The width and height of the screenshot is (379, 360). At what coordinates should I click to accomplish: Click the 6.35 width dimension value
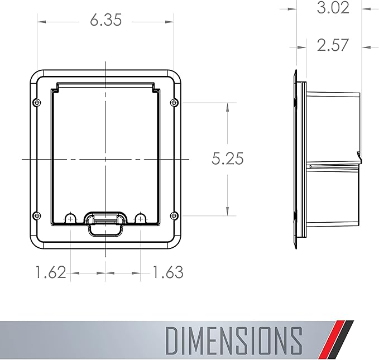pos(105,21)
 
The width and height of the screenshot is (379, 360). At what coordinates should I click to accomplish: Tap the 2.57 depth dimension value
pos(332,45)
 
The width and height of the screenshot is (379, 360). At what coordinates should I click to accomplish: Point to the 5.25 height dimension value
pos(227,159)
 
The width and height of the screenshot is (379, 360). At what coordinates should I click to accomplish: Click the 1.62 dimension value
pos(51,272)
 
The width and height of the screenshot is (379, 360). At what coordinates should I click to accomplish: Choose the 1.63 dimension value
pos(167,272)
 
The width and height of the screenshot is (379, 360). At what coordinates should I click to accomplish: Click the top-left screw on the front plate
pos(36,103)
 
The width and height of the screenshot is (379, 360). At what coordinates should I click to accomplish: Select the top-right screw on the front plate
pos(174,102)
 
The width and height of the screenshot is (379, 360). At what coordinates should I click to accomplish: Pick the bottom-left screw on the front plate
pos(36,216)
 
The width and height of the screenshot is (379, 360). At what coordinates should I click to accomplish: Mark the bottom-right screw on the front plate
pos(174,216)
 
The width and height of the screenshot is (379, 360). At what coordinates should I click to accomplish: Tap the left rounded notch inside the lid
pos(70,218)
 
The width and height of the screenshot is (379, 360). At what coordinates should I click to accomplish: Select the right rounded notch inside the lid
pos(140,218)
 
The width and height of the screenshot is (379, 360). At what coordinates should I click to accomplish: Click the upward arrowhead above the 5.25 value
pos(227,108)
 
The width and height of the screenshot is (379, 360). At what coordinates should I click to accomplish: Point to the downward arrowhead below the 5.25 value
pos(227,210)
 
